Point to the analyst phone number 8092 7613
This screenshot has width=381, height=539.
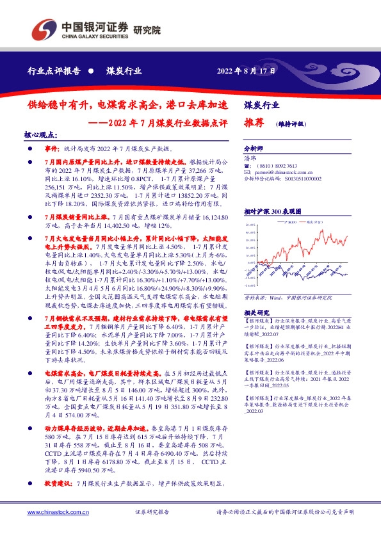285,165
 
